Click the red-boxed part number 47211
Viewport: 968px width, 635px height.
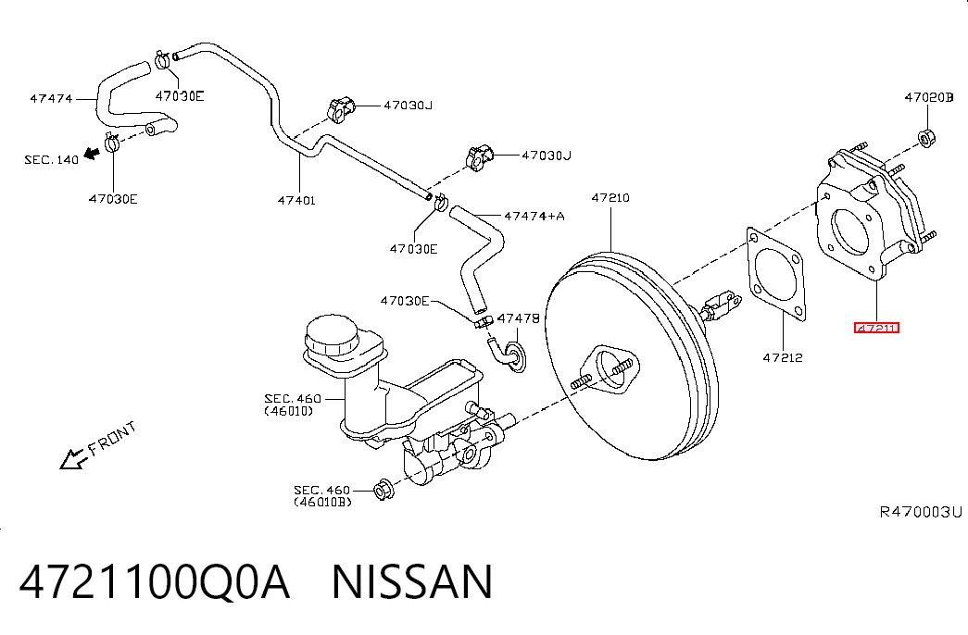pyautogui.click(x=876, y=328)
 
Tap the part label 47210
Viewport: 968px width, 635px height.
pyautogui.click(x=610, y=197)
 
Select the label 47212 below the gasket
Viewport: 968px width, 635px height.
pyautogui.click(x=783, y=357)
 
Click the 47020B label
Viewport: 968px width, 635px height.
pyautogui.click(x=929, y=97)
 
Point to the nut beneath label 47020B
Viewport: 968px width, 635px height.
pyautogui.click(x=925, y=138)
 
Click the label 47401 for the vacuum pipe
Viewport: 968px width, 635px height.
pyautogui.click(x=296, y=200)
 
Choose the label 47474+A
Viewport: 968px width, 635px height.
pyautogui.click(x=534, y=216)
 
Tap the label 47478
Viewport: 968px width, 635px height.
pyautogui.click(x=519, y=317)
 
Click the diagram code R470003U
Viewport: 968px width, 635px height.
pyautogui.click(x=921, y=512)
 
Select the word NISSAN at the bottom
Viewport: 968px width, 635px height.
pyautogui.click(x=412, y=581)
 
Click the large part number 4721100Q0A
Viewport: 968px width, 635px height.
pyautogui.click(x=155, y=581)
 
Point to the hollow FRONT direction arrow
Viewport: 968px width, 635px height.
pyautogui.click(x=73, y=459)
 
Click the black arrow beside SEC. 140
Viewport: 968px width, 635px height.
pyautogui.click(x=92, y=153)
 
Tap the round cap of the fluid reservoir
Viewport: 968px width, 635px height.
pyautogui.click(x=332, y=336)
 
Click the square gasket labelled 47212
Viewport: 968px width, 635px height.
pyautogui.click(x=775, y=275)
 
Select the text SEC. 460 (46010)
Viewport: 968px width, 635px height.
pyautogui.click(x=293, y=405)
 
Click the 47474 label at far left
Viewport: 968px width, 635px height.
pyautogui.click(x=51, y=98)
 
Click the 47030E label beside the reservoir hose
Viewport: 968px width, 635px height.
pyautogui.click(x=405, y=301)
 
